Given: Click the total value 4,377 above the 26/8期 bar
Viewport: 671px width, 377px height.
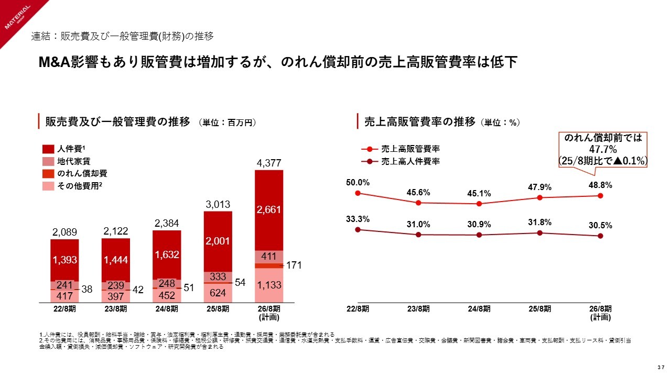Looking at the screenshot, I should click(x=269, y=163).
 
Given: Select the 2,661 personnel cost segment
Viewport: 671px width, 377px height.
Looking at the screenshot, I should click(x=269, y=209).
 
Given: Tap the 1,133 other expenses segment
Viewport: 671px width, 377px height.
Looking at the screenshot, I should click(x=269, y=285).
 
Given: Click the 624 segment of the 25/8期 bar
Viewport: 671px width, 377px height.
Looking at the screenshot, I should click(x=218, y=292).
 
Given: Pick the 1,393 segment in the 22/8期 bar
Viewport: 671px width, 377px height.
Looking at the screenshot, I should click(x=64, y=260).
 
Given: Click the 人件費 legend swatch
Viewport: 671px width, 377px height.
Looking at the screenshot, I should click(x=48, y=149).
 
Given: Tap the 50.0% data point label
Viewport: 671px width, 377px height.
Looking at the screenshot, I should click(x=358, y=183).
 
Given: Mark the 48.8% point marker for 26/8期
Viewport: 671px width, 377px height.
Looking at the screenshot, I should click(x=600, y=196).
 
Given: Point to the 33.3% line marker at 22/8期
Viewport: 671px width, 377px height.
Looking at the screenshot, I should click(x=358, y=229).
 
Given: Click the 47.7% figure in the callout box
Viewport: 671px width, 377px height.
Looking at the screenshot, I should click(x=602, y=149).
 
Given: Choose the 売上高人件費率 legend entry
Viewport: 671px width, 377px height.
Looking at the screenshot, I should click(x=410, y=161).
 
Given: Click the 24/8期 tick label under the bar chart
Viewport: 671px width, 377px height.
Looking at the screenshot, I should click(x=167, y=309).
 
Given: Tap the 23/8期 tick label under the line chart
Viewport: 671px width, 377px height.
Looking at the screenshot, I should click(x=418, y=309).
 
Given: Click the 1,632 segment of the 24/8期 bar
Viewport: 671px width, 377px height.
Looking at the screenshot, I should click(x=167, y=255).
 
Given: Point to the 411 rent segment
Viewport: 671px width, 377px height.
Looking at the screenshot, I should click(x=269, y=257).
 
